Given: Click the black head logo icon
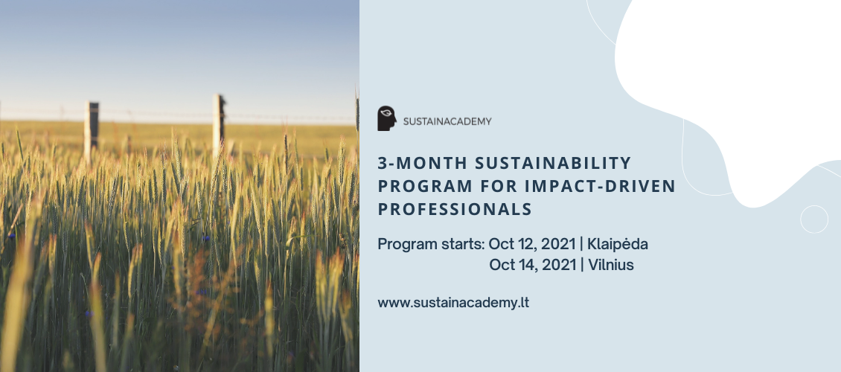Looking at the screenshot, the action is click(387, 118).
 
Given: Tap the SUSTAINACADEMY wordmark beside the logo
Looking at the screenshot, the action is click(447, 122).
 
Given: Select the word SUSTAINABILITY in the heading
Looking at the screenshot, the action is click(553, 162).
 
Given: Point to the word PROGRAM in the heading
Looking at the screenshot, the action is click(425, 186).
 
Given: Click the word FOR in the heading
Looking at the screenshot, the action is click(499, 186).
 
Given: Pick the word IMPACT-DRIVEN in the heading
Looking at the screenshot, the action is click(600, 186).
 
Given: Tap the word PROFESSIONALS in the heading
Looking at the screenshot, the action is click(455, 209).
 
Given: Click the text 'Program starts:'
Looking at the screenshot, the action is click(431, 245).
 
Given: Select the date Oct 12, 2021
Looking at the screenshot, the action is click(532, 245).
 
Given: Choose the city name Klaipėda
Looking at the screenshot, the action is click(617, 245).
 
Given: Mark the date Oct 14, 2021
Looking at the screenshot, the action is click(533, 265).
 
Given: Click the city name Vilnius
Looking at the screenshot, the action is click(611, 265).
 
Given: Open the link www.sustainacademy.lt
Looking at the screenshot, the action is click(453, 303).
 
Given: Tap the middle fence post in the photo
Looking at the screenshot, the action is click(218, 126).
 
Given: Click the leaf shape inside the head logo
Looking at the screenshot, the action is click(385, 113).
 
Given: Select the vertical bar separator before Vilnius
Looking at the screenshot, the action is click(582, 265).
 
